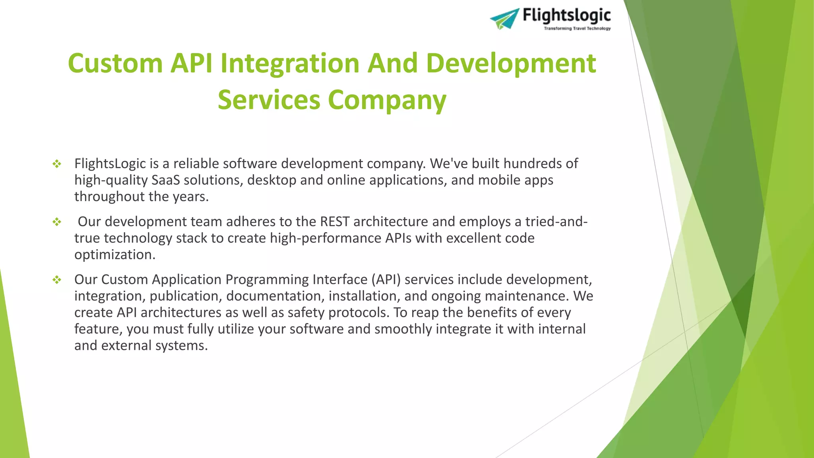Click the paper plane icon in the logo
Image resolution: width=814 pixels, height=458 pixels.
click(504, 19)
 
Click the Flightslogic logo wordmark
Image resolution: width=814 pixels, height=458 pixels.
click(566, 16)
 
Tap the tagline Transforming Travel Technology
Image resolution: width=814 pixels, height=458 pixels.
click(577, 29)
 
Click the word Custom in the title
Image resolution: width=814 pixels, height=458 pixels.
click(115, 64)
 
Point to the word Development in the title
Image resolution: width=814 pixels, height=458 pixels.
click(511, 64)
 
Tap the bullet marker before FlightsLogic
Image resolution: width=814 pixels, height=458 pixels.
click(57, 164)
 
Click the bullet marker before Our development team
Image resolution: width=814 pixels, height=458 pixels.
click(57, 222)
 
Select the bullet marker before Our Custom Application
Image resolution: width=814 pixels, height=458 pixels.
click(57, 280)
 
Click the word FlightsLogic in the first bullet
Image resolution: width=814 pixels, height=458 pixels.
click(110, 164)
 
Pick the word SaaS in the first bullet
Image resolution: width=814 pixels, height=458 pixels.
click(165, 180)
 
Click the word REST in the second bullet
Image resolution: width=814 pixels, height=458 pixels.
click(335, 222)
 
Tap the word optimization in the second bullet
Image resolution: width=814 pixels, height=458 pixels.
click(114, 255)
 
